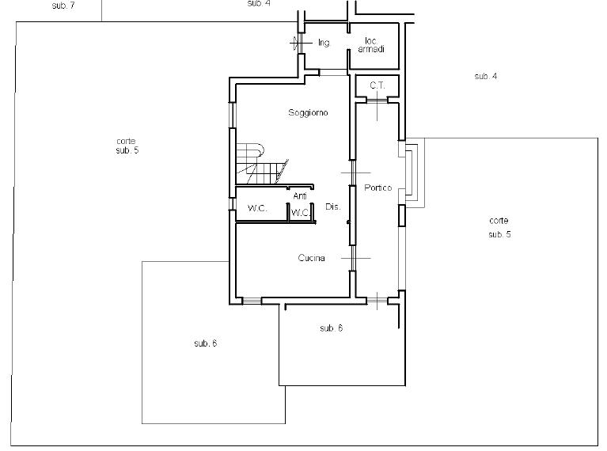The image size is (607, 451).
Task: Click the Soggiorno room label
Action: pos(308,112)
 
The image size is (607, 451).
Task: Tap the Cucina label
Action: pos(311,258)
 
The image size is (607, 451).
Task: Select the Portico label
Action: pos(377,188)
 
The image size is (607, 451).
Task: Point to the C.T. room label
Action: pos(377,85)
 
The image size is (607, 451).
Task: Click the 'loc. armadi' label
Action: pos(371,45)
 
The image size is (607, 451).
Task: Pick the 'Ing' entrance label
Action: pos(324,43)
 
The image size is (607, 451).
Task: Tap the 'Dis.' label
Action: pos(333,207)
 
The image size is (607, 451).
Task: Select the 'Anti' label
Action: pos(300,196)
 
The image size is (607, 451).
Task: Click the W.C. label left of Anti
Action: pos(257,208)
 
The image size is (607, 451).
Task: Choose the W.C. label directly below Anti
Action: pos(301,213)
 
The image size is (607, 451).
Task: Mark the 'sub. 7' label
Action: pos(63,6)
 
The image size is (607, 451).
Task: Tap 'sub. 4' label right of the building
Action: pos(486,76)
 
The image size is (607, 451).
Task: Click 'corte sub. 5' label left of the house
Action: pos(127,146)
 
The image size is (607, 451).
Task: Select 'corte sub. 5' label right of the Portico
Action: pos(499,227)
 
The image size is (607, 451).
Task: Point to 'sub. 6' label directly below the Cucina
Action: pos(332,328)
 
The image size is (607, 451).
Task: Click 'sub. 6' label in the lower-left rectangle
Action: pos(206,343)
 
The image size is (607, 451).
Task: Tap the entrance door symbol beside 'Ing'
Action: pos(299,43)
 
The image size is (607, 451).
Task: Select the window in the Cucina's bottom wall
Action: pos(252,301)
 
